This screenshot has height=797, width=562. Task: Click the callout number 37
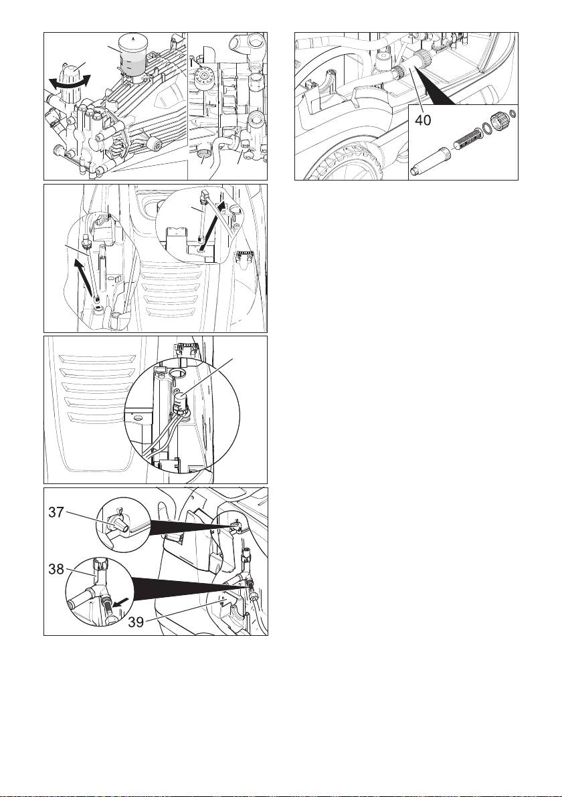[x=56, y=512]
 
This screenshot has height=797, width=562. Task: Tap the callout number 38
[x=56, y=569]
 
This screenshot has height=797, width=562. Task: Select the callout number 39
[x=136, y=622]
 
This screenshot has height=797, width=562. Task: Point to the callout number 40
[x=423, y=120]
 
